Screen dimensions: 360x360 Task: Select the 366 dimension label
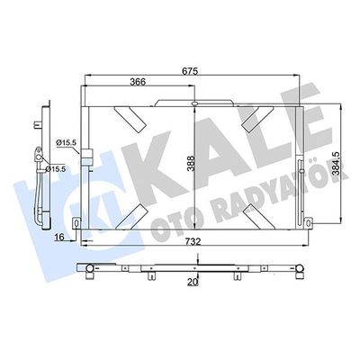point(137,81)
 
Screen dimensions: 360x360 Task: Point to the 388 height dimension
point(187,164)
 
